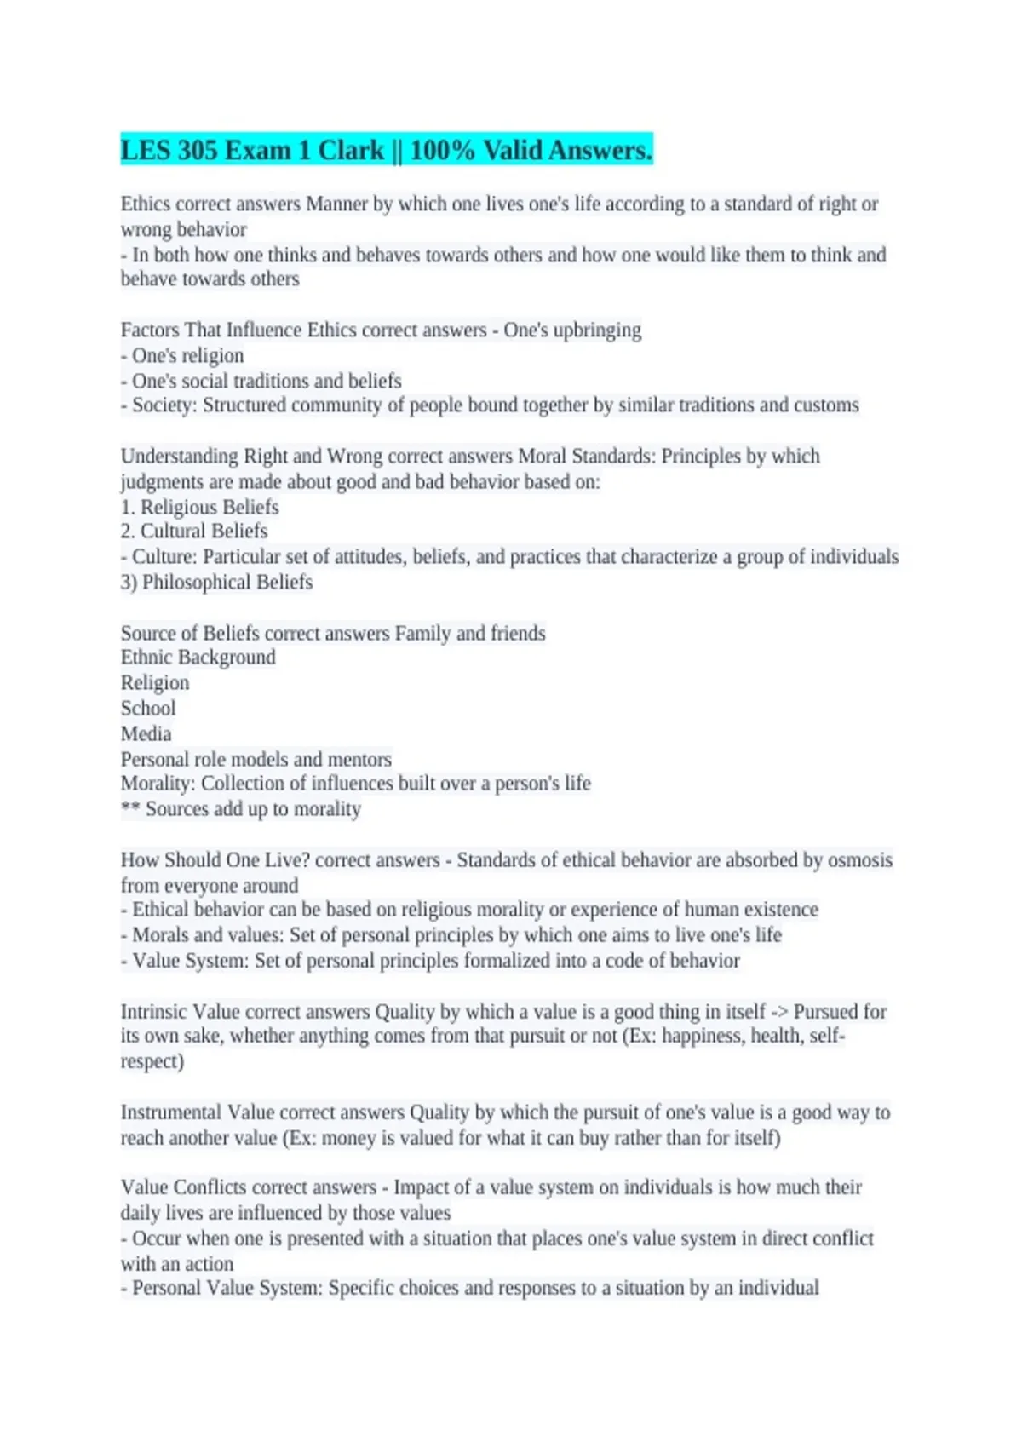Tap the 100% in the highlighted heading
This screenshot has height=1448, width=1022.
(442, 151)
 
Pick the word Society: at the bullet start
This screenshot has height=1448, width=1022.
(165, 405)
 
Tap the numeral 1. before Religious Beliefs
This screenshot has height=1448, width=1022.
(128, 508)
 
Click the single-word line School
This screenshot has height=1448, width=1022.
(148, 709)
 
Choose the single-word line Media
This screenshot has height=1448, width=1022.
(146, 734)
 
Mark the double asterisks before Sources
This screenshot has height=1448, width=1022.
(129, 808)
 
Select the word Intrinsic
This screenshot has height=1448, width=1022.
(153, 1012)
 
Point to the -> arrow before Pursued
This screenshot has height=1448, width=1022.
(779, 1012)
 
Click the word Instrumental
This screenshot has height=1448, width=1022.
(171, 1112)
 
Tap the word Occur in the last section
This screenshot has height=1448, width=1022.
(156, 1238)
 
